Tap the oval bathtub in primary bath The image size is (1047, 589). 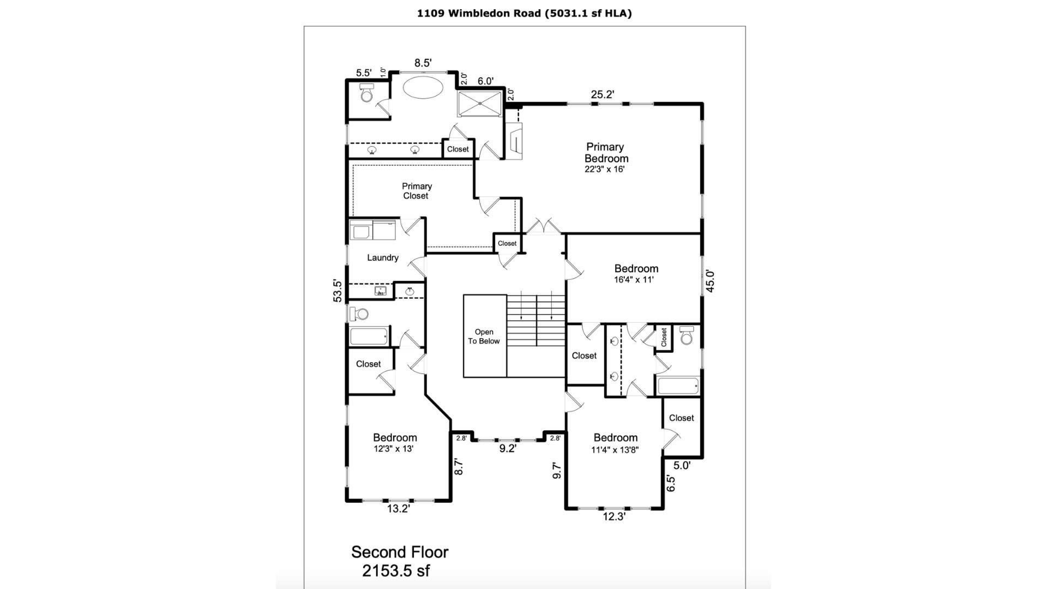[x=423, y=87]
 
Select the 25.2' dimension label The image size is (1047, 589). [x=602, y=94]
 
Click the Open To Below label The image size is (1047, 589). [x=484, y=336]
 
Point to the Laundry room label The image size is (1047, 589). [x=382, y=257]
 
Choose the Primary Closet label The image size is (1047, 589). [x=417, y=191]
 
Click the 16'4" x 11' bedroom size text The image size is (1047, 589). [x=634, y=280]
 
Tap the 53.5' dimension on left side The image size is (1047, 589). [x=338, y=291]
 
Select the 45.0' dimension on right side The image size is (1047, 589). [x=710, y=281]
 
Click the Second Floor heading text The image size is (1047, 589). [x=400, y=552]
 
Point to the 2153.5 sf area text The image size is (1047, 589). [x=396, y=571]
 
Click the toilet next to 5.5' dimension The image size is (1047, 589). [x=366, y=93]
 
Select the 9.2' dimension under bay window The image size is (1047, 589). [x=508, y=448]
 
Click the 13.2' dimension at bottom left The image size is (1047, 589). [x=398, y=509]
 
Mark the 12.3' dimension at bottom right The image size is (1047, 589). [x=614, y=516]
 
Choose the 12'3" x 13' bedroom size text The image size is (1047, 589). [x=393, y=449]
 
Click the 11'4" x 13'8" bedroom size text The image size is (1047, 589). [x=615, y=450]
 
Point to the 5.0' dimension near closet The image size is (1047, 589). [x=682, y=465]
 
